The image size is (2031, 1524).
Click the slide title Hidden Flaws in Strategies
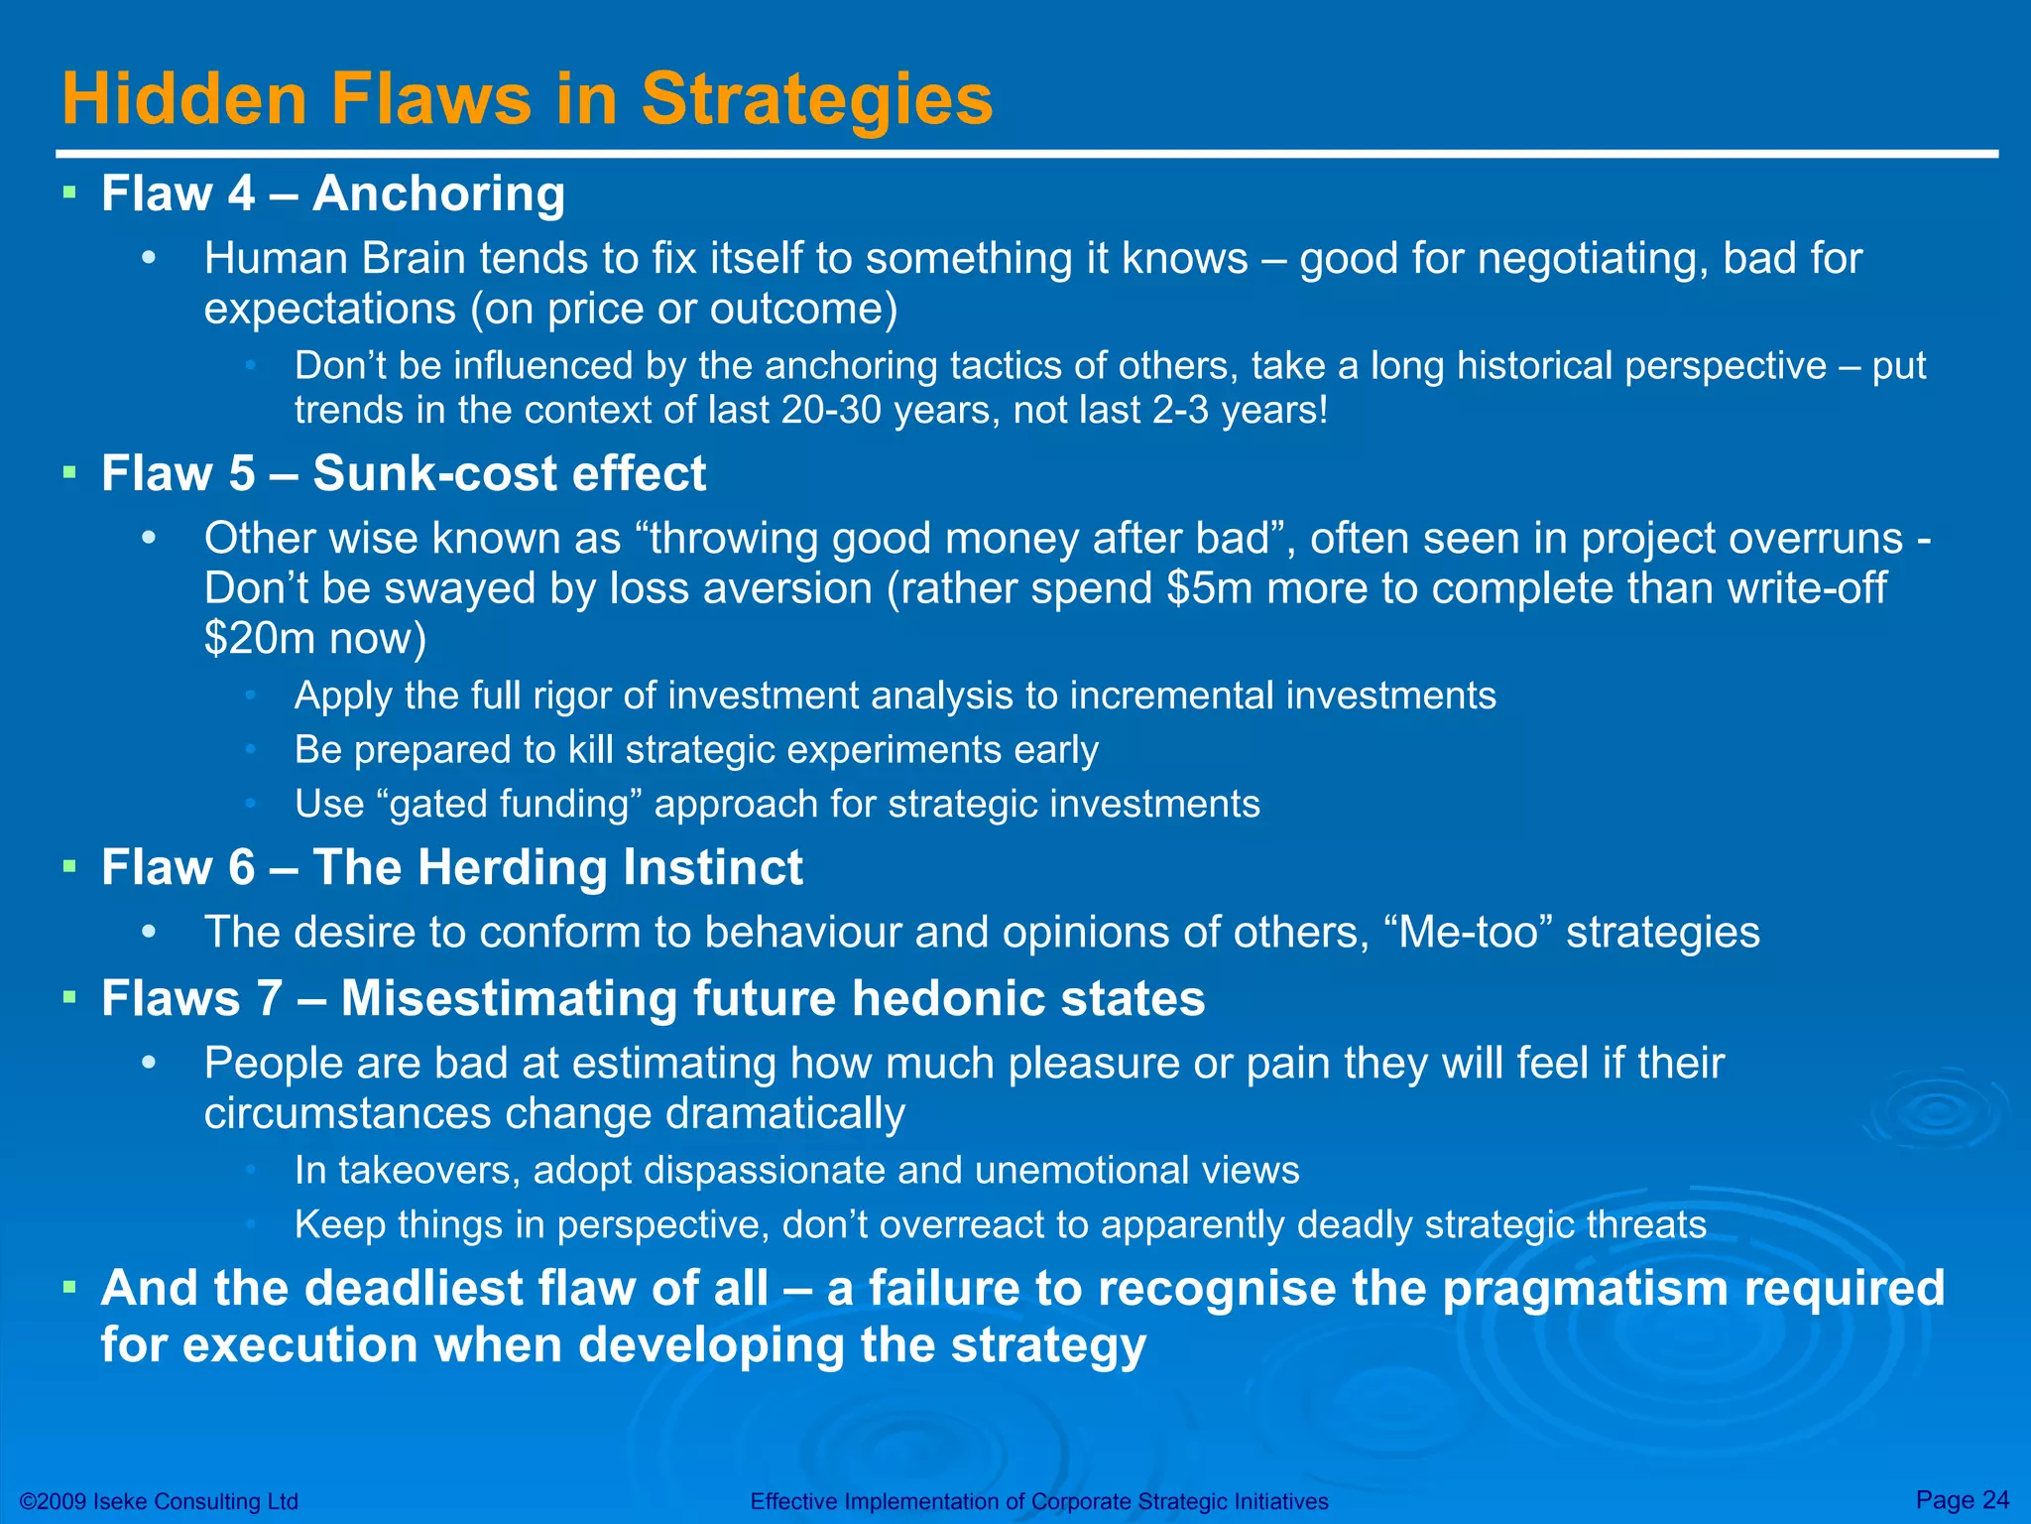click(x=527, y=99)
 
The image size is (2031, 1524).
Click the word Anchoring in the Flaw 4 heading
click(x=438, y=192)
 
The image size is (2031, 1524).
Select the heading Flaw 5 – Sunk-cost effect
click(x=404, y=473)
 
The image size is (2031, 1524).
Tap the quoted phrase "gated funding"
click(x=509, y=804)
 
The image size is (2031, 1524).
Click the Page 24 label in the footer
click(x=1962, y=1499)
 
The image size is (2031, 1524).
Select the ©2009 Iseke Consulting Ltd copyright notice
click(x=159, y=1501)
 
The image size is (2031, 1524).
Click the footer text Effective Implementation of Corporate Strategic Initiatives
click(x=1038, y=1501)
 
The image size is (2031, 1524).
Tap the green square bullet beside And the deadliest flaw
click(x=69, y=1287)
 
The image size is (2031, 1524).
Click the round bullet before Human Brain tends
click(x=150, y=259)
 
